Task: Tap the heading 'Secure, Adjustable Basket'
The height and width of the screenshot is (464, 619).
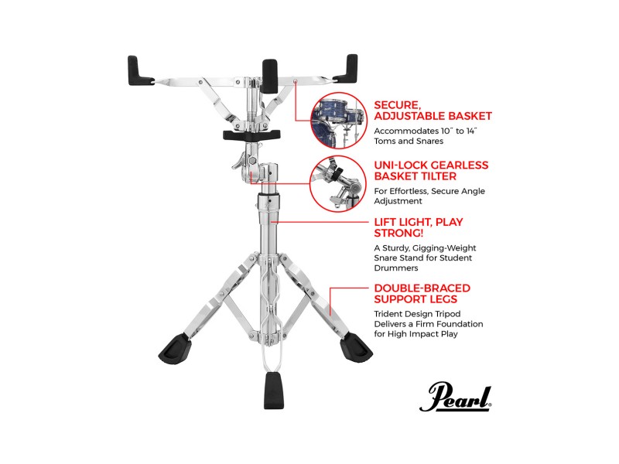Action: click(433, 110)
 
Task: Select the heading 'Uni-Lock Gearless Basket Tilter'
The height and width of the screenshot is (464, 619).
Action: click(431, 172)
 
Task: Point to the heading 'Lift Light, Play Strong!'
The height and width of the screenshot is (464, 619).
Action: click(418, 228)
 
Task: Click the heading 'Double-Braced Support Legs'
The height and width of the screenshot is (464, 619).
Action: click(422, 294)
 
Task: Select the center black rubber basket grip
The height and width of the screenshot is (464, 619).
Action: click(269, 76)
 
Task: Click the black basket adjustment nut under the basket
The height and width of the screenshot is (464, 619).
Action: click(248, 135)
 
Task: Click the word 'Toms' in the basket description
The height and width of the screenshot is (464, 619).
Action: click(386, 142)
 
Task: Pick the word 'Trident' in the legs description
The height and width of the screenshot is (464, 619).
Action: click(390, 313)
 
